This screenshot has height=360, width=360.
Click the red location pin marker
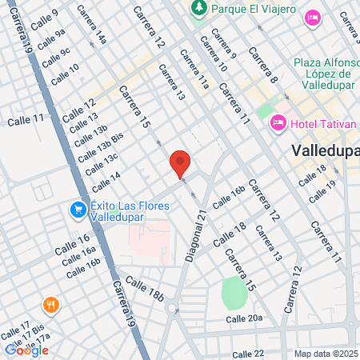(180, 164)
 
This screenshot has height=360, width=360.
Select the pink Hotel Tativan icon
(278, 122)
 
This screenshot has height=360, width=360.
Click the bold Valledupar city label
(324, 150)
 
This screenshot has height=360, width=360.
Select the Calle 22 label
(247, 354)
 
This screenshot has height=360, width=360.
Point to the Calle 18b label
(145, 295)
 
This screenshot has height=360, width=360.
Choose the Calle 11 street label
(25, 120)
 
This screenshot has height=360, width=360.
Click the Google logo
(26, 350)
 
